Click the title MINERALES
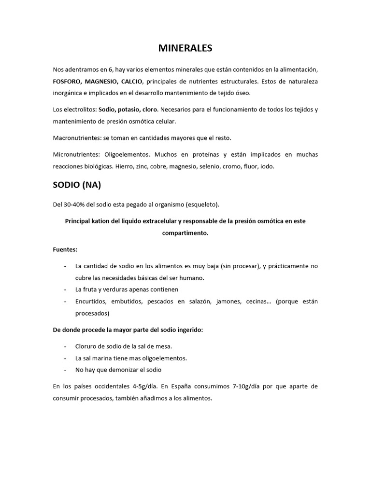pos(185,48)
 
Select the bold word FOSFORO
pos(66,81)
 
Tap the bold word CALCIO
pos(132,81)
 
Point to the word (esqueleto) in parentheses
pos(202,205)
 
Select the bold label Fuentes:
pos(65,249)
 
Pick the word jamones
pos(230,302)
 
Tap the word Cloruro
pos(86,346)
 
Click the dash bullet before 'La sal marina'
pos(65,358)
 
